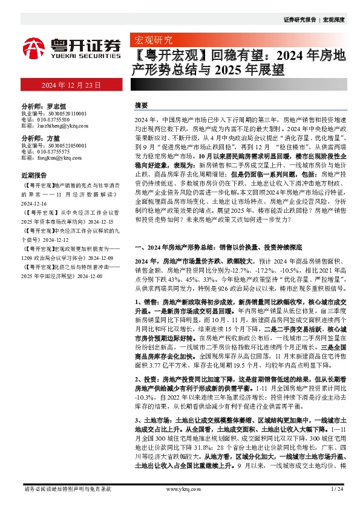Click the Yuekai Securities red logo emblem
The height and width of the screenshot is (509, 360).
tap(34, 46)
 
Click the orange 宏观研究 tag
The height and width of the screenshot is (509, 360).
tap(151, 41)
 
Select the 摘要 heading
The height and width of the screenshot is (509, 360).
tap(141, 105)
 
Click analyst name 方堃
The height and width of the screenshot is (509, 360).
tap(53, 138)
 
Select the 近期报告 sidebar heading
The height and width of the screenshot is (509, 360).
tap(34, 174)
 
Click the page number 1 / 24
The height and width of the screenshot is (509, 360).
tap(336, 488)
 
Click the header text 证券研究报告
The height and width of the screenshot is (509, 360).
tap(299, 19)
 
